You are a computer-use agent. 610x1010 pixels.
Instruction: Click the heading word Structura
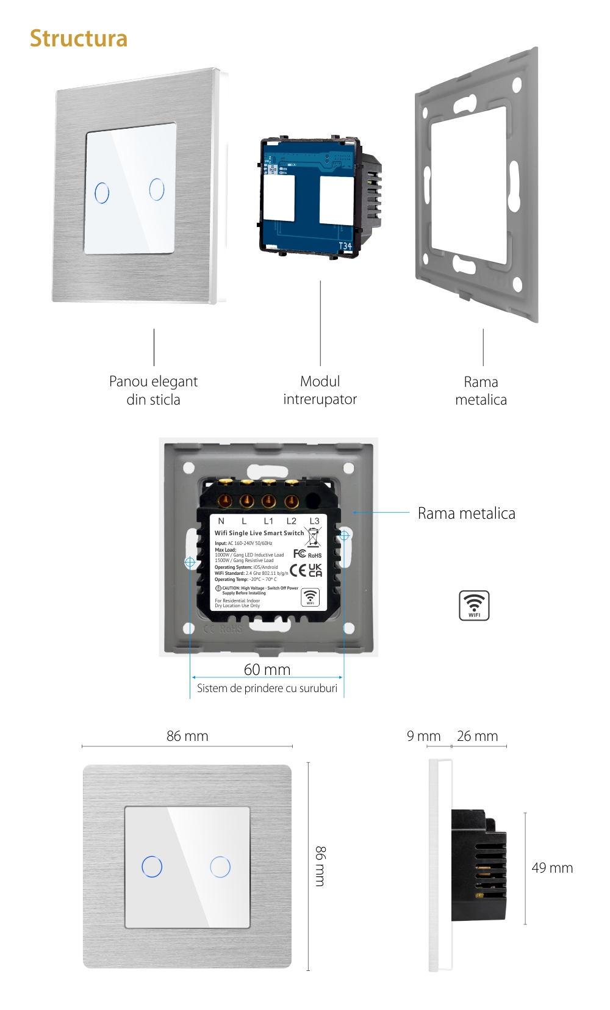coord(79,38)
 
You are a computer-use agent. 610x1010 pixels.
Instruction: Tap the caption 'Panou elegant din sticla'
coord(153,391)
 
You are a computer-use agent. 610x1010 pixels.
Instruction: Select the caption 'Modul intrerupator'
coord(320,391)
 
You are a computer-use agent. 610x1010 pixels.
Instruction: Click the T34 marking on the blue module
coord(345,246)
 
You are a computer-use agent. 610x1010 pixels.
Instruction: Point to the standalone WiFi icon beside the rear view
coord(474,605)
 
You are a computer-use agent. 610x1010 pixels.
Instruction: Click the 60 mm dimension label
coord(267,669)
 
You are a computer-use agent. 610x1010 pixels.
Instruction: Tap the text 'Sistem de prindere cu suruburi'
coord(267,688)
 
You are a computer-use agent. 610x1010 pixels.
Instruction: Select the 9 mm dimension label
coord(423,736)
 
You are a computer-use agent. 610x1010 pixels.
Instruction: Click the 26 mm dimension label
coord(477,736)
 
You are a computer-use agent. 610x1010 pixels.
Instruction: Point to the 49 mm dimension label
coord(552,868)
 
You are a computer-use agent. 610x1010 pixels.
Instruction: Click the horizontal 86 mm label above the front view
coord(187,736)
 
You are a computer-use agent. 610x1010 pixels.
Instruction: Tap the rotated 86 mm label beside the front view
coord(320,866)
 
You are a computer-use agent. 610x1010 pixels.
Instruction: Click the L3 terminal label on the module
coord(314,521)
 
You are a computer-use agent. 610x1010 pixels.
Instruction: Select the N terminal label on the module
coord(221,521)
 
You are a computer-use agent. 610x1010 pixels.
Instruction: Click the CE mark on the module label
coord(298,570)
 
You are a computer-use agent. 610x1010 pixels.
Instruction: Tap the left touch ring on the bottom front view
coord(152,867)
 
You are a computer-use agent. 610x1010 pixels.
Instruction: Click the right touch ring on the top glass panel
coord(157,189)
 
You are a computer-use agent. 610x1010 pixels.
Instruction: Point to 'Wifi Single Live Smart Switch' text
coord(259,533)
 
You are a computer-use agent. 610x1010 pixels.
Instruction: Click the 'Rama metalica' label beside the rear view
coord(466,513)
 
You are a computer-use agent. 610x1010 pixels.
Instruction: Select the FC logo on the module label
coord(300,554)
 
